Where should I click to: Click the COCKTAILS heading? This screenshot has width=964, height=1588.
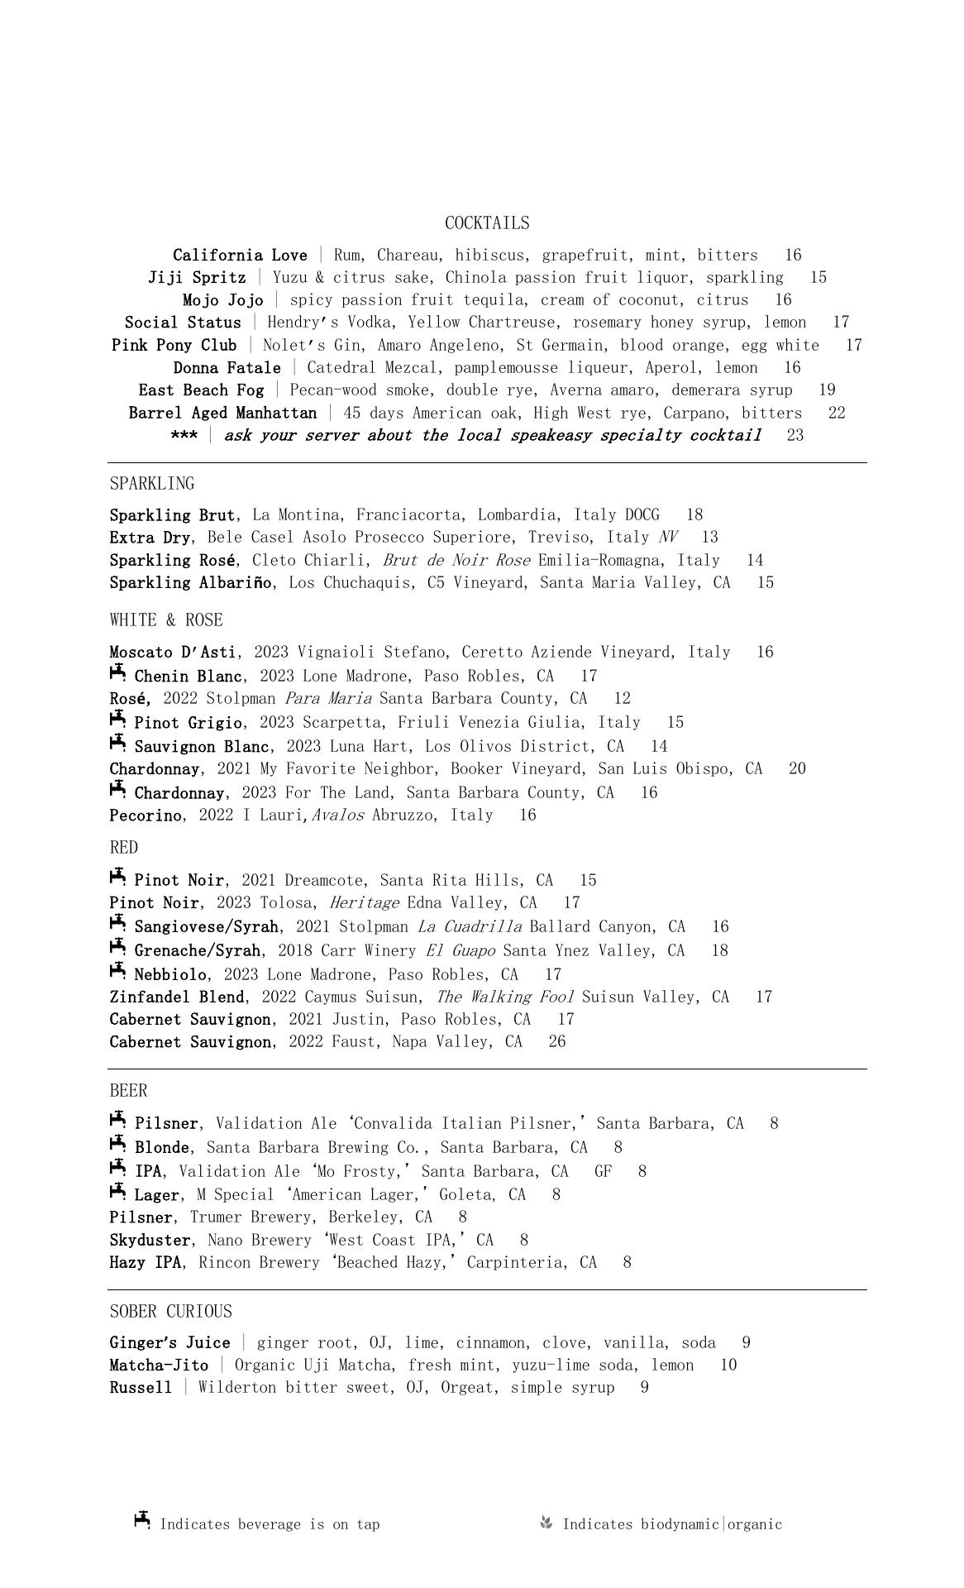tap(487, 223)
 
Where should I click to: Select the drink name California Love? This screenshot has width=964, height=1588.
tap(240, 256)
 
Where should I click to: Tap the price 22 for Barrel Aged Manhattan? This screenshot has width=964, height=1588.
tap(837, 413)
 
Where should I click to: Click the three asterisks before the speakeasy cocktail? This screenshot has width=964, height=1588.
tap(184, 436)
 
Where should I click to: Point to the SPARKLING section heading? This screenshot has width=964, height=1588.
tap(152, 484)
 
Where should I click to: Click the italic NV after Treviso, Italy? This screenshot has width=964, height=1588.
tap(668, 538)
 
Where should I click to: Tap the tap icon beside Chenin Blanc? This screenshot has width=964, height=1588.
tap(117, 673)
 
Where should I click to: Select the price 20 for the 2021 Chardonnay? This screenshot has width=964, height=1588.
tap(797, 769)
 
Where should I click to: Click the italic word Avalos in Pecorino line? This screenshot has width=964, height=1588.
tap(337, 816)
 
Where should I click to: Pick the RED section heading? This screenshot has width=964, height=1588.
tap(124, 848)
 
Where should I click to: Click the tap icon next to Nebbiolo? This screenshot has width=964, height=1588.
tap(117, 972)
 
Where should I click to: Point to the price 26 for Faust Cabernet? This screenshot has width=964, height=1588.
tap(557, 1042)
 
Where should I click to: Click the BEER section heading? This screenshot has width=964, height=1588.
tap(128, 1091)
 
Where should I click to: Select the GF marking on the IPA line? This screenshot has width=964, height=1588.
tap(604, 1172)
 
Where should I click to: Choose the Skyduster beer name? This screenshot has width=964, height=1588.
tap(150, 1241)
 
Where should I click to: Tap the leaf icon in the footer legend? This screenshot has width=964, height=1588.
tap(546, 1523)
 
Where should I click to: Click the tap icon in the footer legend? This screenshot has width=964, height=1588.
tap(142, 1521)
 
